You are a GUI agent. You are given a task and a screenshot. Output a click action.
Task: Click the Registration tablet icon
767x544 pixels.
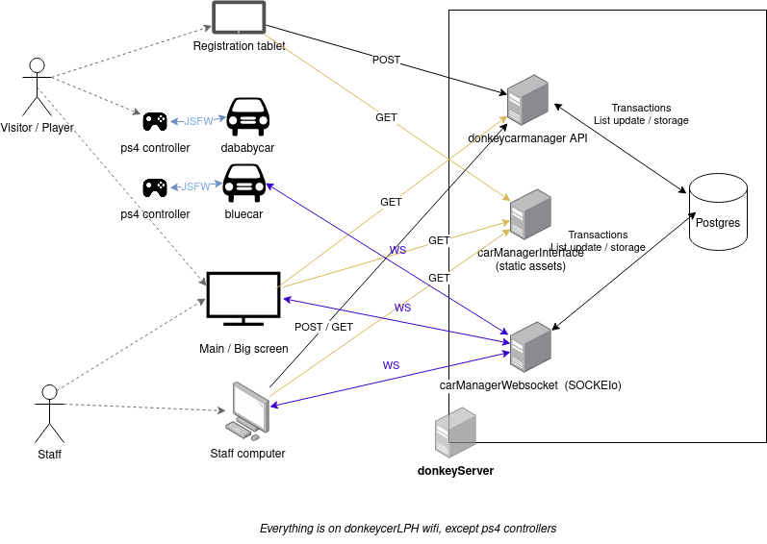coord(239,18)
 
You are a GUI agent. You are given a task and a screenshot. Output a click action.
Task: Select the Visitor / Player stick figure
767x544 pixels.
coord(37,87)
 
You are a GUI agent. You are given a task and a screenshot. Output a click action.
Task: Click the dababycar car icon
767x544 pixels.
coord(247,116)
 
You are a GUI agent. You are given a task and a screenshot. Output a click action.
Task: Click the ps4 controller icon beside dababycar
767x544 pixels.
coord(154,121)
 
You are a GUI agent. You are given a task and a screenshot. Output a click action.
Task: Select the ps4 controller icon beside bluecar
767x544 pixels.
coord(154,186)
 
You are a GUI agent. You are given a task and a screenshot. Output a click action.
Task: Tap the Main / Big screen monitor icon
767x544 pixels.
coord(243,299)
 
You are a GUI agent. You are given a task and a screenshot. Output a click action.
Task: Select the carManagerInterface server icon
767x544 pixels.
coord(530,215)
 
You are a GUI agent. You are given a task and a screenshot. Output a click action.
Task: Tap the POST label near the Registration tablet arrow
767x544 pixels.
coord(387,61)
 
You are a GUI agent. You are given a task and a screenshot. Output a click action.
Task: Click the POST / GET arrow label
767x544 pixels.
coord(322,327)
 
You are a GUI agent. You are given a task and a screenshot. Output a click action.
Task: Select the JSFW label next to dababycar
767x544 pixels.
coord(197,121)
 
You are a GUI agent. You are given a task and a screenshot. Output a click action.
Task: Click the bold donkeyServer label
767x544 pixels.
coord(455,471)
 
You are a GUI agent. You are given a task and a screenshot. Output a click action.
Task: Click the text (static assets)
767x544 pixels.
coord(530,265)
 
